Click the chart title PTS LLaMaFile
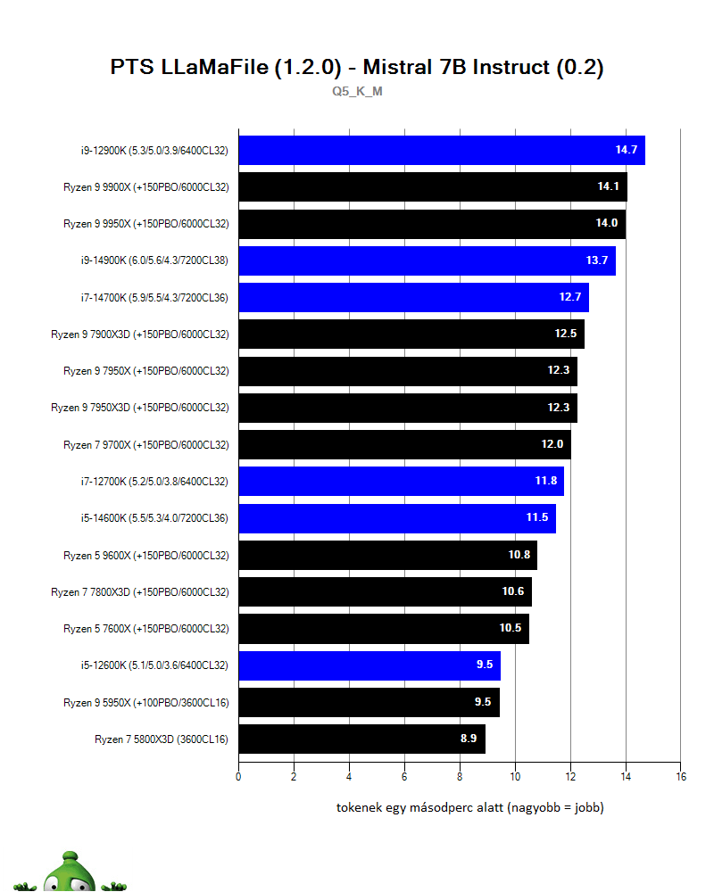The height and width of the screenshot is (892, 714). (357, 68)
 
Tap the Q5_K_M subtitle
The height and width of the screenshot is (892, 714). (357, 91)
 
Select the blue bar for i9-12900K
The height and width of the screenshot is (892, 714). (441, 150)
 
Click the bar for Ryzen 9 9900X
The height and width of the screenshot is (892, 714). (432, 186)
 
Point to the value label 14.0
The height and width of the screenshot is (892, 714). (607, 223)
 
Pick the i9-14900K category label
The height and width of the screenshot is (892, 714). (154, 260)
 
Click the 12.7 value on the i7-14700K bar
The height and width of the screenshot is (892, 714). (570, 297)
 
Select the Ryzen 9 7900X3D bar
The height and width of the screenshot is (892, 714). (411, 334)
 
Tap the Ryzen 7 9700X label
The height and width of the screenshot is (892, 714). (146, 444)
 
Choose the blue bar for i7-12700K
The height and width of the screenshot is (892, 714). (401, 481)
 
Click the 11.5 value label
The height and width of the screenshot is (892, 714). (537, 517)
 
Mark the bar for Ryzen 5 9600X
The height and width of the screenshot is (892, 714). (387, 555)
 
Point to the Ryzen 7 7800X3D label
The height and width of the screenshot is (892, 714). (140, 591)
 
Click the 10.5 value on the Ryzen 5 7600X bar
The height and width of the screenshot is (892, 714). (511, 628)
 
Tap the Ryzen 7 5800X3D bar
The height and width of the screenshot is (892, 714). (361, 739)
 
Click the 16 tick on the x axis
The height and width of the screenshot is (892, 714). (680, 776)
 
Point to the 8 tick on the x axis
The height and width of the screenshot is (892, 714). (460, 776)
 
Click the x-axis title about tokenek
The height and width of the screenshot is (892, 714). (469, 808)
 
